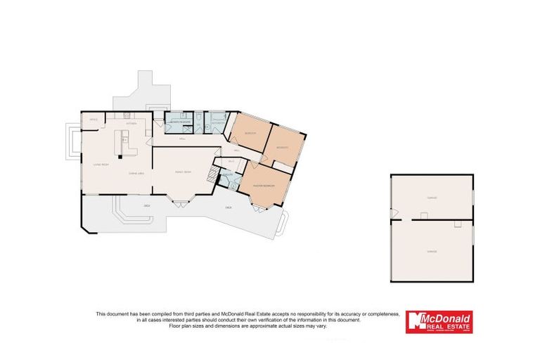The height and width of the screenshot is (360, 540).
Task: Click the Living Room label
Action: click(x=101, y=165)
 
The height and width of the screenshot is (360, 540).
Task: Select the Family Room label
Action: click(x=183, y=173)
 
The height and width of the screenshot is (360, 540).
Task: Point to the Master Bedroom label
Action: click(x=264, y=186)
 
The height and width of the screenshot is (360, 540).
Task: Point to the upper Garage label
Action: click(x=432, y=198)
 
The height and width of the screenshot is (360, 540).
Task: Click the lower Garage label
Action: click(x=432, y=250)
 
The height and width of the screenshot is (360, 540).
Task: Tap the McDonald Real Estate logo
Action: click(x=439, y=322)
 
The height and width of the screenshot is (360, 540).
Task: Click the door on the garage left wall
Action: click(x=394, y=213)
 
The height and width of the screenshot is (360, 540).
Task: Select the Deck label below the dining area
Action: click(x=147, y=205)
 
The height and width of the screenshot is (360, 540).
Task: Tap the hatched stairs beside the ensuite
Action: click(x=212, y=176)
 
